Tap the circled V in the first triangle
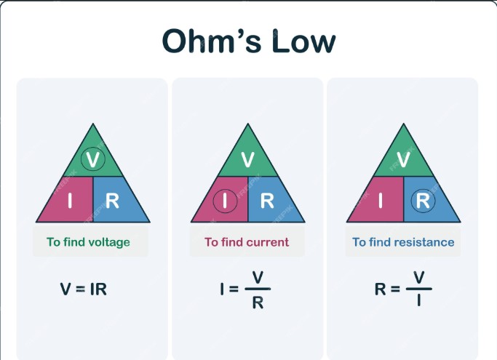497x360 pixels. [x=93, y=159]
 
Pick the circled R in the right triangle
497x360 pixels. [x=422, y=200]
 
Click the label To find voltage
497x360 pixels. [x=88, y=242]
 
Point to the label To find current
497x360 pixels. [x=247, y=242]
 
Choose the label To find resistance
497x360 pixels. [x=403, y=242]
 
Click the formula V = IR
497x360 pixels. [x=84, y=289]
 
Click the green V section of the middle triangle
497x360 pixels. [x=247, y=159]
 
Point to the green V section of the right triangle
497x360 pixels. [x=403, y=159]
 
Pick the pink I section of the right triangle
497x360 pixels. [x=381, y=201]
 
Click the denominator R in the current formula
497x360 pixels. [x=257, y=303]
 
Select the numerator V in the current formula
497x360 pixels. [x=257, y=277]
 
